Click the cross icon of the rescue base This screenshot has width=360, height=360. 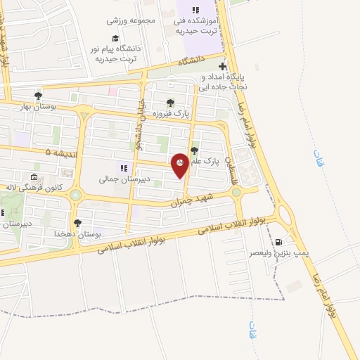(x=223, y=66)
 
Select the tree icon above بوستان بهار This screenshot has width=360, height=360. (x=38, y=96)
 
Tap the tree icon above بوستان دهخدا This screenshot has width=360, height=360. (x=77, y=223)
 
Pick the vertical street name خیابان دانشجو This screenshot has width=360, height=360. (x=140, y=126)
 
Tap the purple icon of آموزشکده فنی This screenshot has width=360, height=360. (x=196, y=9)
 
